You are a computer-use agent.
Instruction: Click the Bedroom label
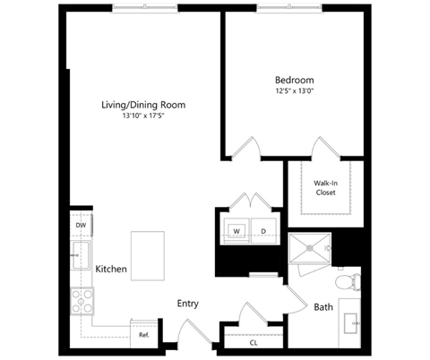(x=294, y=80)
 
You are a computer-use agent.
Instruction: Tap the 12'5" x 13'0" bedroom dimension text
(x=295, y=90)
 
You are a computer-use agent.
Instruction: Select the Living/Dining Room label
(x=143, y=105)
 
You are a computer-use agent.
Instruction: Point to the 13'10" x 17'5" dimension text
(x=143, y=116)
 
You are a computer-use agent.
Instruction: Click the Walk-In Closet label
(x=325, y=188)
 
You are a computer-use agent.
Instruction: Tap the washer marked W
(x=236, y=231)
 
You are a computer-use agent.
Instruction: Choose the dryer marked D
(x=263, y=231)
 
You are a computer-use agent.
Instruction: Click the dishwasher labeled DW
(x=81, y=225)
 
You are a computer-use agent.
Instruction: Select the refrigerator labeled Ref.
(x=144, y=335)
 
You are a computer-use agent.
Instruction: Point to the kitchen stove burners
(x=82, y=301)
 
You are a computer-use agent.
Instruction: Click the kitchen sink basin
(x=81, y=255)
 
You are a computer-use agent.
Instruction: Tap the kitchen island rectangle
(x=148, y=256)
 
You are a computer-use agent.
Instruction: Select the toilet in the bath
(x=348, y=282)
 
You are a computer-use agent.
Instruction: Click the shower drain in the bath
(x=309, y=248)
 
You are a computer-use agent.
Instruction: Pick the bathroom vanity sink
(x=350, y=323)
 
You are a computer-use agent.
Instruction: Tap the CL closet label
(x=254, y=343)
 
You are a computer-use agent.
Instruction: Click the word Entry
(x=187, y=304)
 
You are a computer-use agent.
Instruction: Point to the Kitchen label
(x=111, y=269)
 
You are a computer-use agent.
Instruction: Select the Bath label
(x=323, y=307)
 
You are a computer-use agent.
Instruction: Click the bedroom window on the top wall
(x=289, y=8)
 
